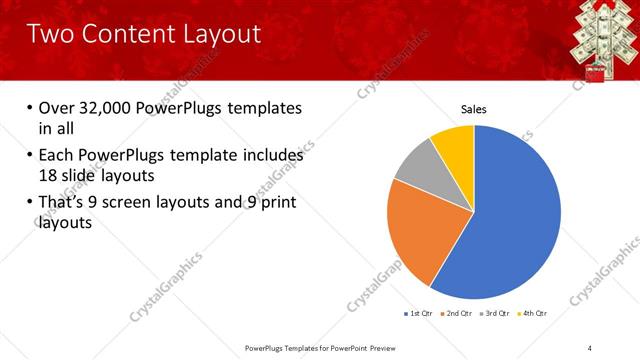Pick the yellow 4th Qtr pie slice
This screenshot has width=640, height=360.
(x=456, y=142)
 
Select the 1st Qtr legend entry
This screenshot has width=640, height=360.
(x=416, y=313)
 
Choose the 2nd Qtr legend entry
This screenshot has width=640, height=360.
(x=455, y=313)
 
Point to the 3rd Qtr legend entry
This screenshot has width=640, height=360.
(x=495, y=313)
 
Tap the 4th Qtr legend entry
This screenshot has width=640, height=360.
(x=534, y=313)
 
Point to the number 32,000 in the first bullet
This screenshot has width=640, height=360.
(x=109, y=108)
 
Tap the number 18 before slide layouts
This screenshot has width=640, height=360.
(x=49, y=174)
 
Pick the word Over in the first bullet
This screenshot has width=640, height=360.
(x=59, y=108)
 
